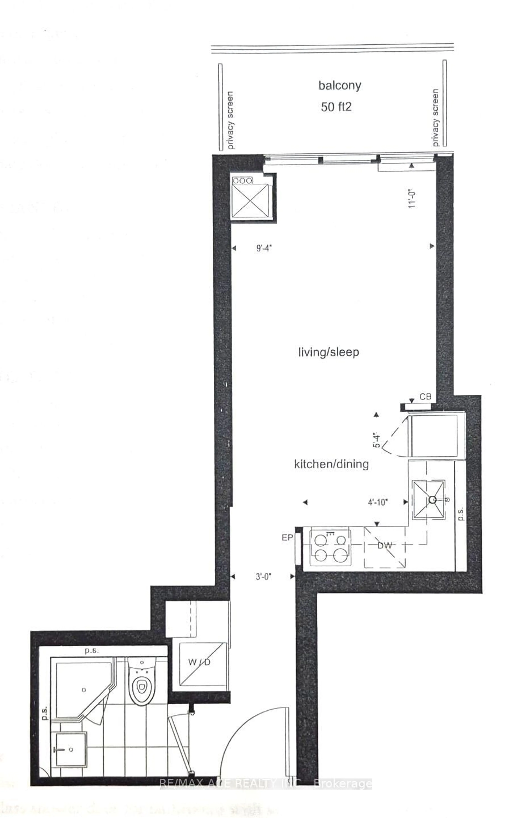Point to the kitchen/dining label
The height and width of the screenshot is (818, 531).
coord(331,464)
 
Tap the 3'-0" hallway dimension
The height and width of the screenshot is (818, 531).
coord(263,576)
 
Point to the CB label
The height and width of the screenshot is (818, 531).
coord(425,397)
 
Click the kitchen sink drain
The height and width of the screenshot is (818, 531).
coord(432,499)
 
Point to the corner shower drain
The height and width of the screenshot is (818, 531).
coord(84,690)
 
